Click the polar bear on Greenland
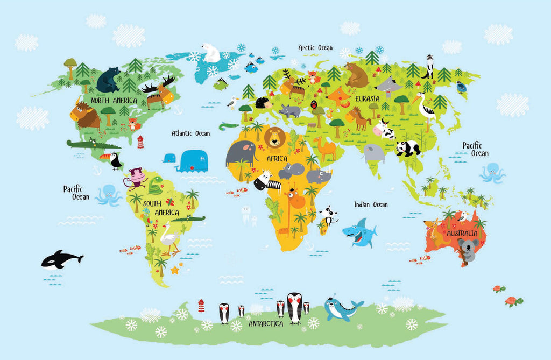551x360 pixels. click(x=211, y=53)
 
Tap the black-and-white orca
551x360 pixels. click(x=61, y=259)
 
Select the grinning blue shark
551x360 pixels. click(x=358, y=232)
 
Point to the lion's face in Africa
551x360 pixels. click(x=275, y=138)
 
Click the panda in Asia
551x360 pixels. click(x=408, y=147)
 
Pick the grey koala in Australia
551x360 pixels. click(x=468, y=250)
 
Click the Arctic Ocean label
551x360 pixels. click(x=315, y=48)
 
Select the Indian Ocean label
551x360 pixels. click(x=371, y=204)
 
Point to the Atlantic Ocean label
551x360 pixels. click(x=190, y=133)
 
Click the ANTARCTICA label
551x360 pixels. click(x=266, y=324)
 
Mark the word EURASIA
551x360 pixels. click(x=367, y=99)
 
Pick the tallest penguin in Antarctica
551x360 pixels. click(x=294, y=308)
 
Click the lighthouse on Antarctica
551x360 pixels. click(x=201, y=305)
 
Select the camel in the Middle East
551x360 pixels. click(x=326, y=147)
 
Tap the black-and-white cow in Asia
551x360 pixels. click(x=384, y=130)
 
